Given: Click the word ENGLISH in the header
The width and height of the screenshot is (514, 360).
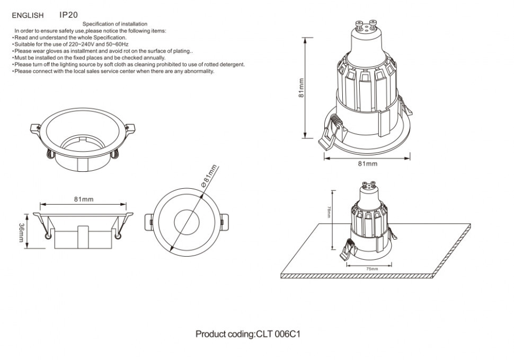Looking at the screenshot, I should click(28, 16).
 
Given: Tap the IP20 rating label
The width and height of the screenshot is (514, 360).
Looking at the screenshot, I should click(68, 15).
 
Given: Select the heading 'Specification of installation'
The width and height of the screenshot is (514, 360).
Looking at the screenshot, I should click(115, 24).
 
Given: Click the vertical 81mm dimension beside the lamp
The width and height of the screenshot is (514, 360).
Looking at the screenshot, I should click(301, 87).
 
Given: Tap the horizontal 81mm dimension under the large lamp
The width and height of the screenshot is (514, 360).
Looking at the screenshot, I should click(367, 164).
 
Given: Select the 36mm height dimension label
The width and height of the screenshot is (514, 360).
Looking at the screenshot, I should click(21, 233).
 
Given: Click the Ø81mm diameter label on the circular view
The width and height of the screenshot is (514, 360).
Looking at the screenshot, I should click(209, 175).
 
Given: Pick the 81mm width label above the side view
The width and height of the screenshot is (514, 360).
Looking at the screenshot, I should click(84, 199).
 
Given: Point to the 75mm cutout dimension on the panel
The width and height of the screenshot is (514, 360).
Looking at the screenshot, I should click(372, 269).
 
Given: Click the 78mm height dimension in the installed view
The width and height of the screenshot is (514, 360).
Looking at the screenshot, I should click(329, 213).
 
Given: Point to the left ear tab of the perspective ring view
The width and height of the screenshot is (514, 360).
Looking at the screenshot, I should click(35, 128).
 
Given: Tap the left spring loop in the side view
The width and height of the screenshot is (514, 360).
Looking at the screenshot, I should click(49, 236).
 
